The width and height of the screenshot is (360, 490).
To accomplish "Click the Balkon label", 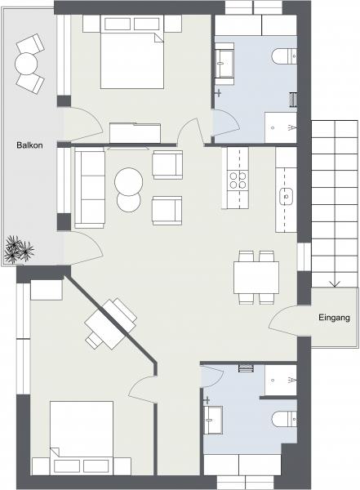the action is click(29, 145).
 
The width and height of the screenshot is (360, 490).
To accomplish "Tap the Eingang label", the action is click(334, 318).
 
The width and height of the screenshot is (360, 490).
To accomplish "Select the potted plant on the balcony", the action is click(19, 250).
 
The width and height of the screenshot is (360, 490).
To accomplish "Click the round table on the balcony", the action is click(26, 64).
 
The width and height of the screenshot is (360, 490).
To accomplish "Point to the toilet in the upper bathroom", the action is click(284, 56).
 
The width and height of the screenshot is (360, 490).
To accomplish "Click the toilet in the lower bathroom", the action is click(284, 418).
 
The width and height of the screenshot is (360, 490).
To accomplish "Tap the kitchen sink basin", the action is click(286, 196).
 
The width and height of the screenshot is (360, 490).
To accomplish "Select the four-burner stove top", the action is click(238, 180).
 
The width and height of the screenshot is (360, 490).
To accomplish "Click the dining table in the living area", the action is click(256, 278).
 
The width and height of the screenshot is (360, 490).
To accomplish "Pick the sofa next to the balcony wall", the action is click(90, 188).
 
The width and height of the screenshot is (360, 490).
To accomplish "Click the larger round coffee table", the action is click(129, 181).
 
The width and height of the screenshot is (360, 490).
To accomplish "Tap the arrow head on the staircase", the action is click(335, 283).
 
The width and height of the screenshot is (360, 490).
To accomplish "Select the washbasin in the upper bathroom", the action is click(224, 64).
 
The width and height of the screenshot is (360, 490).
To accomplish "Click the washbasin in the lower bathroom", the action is click(213, 420).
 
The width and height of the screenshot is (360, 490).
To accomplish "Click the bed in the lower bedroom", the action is click(82, 438).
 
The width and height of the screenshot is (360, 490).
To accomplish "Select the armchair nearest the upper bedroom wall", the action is click(167, 164).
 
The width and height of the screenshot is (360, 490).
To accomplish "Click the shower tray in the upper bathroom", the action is click(281, 127).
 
